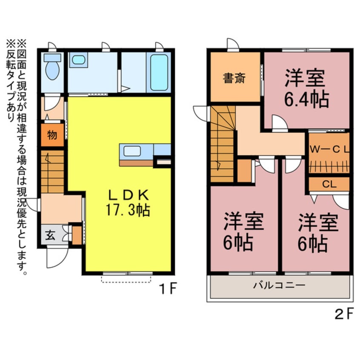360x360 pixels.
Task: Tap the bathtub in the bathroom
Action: pos(158,71)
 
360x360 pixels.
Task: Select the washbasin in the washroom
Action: pos(78,60)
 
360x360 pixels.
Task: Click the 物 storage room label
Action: pos(52,135)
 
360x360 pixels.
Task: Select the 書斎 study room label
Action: pos(234,79)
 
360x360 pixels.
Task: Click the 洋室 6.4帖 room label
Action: pos(306,88)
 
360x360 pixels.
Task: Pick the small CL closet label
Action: pos(328,184)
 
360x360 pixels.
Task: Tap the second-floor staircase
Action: pos(223,145)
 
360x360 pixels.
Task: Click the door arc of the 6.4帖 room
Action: pos(279,123)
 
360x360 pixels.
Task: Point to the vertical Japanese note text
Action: pos(17,157)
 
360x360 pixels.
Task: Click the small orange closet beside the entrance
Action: pos(77,235)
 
